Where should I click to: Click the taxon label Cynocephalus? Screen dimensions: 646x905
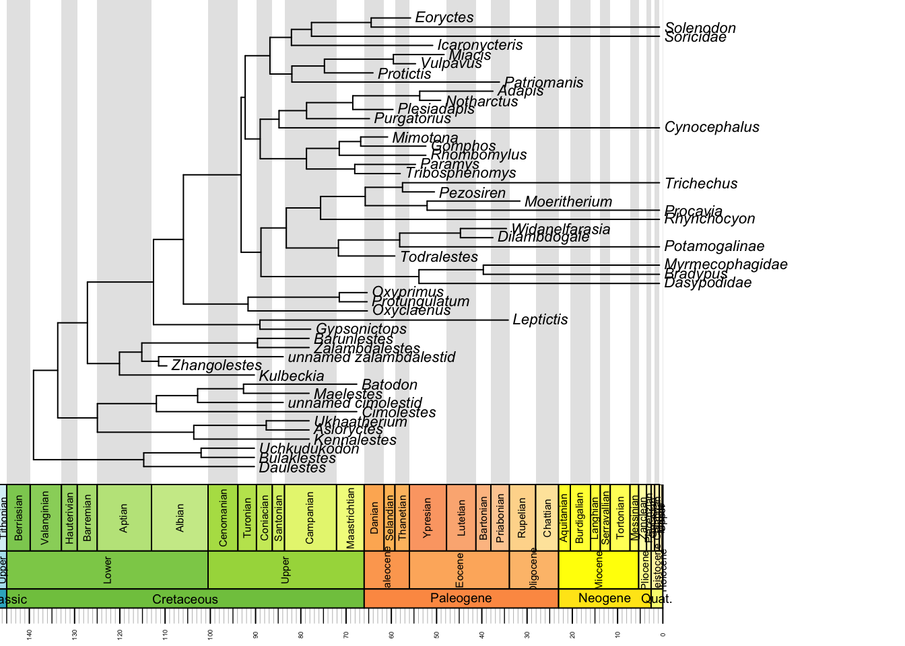click(x=712, y=127)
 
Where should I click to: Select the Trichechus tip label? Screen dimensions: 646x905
click(x=701, y=184)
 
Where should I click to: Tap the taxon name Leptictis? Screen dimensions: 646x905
click(x=540, y=320)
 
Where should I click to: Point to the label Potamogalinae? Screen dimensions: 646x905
click(x=714, y=246)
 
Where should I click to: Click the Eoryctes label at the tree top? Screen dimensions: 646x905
click(x=444, y=17)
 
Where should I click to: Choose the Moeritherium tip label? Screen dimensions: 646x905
click(x=568, y=202)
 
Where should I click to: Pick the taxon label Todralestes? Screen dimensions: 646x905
click(x=439, y=257)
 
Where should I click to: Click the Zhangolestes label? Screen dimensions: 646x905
click(x=216, y=365)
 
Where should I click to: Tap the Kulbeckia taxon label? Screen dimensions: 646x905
click(x=292, y=376)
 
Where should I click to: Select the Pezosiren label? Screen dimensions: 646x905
click(x=472, y=193)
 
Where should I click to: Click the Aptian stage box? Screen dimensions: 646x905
click(x=124, y=517)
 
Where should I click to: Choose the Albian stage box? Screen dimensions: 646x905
click(x=180, y=517)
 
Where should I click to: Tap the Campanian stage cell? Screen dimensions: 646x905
click(x=310, y=517)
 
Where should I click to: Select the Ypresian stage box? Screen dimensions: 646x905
click(x=427, y=517)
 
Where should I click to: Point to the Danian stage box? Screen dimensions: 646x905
click(x=374, y=517)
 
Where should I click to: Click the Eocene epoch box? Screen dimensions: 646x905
click(x=459, y=570)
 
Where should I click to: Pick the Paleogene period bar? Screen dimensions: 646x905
click(x=461, y=598)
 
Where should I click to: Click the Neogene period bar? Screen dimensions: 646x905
click(x=604, y=598)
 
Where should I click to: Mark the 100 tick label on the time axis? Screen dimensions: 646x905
click(x=211, y=634)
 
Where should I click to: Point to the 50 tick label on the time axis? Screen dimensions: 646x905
click(x=437, y=634)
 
